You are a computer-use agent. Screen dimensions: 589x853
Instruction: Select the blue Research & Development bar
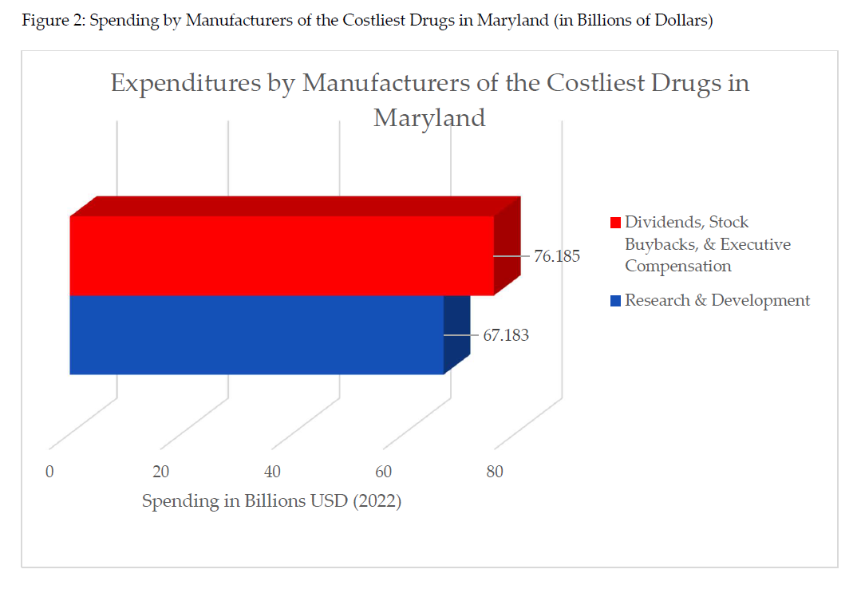point(256,334)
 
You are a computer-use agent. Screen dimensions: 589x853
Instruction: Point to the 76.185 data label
point(556,257)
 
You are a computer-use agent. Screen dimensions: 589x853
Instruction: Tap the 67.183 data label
point(505,335)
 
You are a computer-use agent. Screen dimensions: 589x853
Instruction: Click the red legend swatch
point(615,222)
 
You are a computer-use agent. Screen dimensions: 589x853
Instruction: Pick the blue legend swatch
point(615,301)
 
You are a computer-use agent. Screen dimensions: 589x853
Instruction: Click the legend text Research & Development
point(717,300)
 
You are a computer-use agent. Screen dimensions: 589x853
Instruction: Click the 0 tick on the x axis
point(49,472)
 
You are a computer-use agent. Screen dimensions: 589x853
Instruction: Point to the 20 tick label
point(160,472)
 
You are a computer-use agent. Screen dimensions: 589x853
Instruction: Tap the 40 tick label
point(272,472)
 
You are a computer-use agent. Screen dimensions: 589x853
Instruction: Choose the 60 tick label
point(383,472)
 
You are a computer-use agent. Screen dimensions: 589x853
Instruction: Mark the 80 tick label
point(495,472)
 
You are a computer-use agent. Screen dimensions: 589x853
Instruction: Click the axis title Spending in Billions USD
point(271,502)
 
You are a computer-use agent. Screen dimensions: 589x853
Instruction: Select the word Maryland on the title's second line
point(429,118)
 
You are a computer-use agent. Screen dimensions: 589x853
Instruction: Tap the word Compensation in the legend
point(677,266)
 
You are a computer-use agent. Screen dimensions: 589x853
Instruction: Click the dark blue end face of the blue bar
point(456,332)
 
